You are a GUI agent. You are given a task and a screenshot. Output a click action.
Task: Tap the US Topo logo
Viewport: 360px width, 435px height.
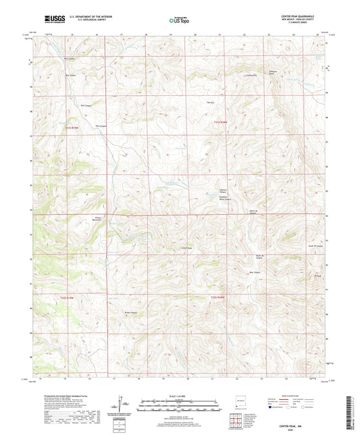[x=178, y=21]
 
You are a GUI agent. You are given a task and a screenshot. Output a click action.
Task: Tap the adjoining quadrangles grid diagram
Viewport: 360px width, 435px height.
[x=236, y=418]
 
